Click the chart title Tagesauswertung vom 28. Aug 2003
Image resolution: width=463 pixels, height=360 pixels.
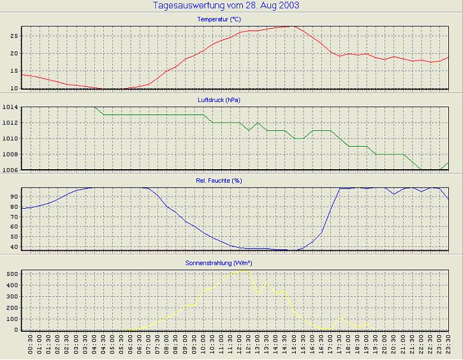point(226,6)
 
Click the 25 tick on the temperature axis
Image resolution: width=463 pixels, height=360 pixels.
point(13,35)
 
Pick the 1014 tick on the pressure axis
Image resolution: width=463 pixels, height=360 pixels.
point(10,107)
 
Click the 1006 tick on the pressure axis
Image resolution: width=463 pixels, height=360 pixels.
point(10,170)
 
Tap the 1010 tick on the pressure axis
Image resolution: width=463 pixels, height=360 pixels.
point(10,139)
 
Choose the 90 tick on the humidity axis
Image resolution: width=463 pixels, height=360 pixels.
point(13,197)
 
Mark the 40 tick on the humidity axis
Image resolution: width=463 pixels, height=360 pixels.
point(13,246)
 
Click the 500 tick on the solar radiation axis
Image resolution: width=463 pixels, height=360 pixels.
point(11,273)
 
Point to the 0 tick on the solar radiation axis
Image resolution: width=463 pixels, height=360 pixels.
point(16,329)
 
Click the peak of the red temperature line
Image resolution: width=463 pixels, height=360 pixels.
point(293,26)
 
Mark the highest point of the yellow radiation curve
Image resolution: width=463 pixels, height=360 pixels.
point(246,269)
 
